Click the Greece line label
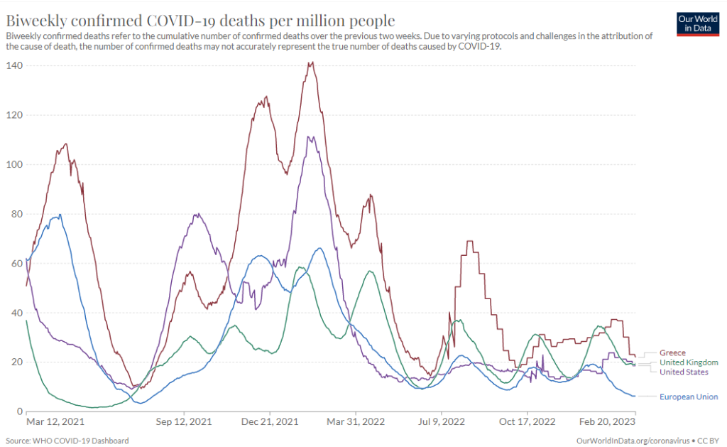point(672,352)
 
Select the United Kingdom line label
point(689,362)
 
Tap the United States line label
point(684,372)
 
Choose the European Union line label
point(689,397)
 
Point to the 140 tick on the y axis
point(14,65)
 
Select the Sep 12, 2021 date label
point(184,421)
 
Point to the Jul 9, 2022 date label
point(442,421)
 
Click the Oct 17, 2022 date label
point(528,421)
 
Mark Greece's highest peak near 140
point(310,63)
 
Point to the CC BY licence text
point(711,441)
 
